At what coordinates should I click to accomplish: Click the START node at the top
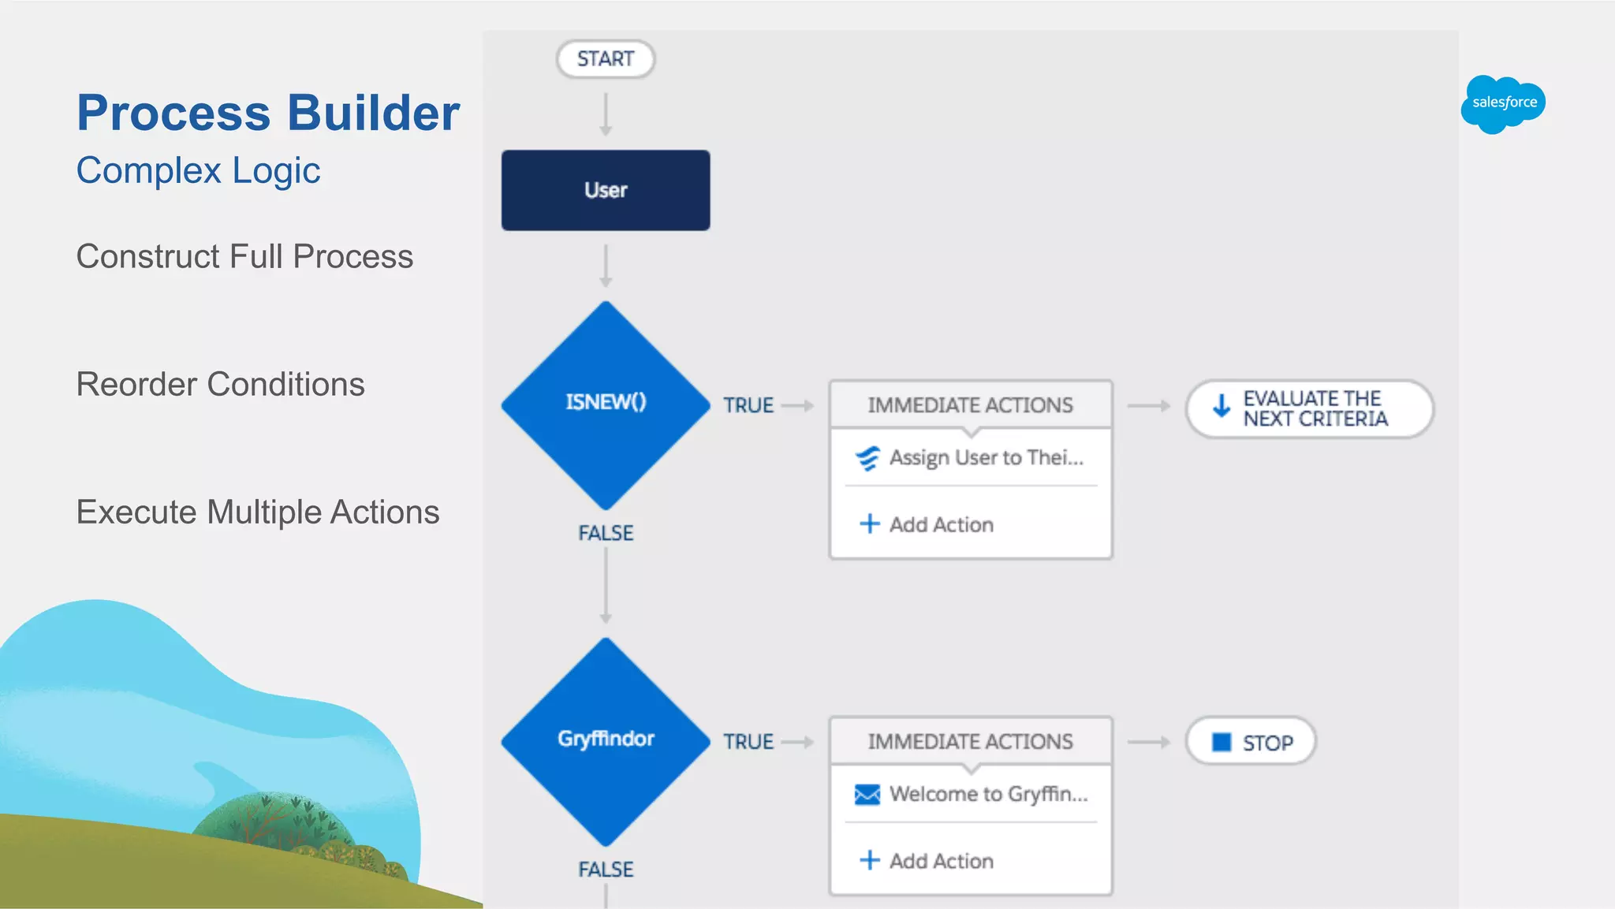point(605,59)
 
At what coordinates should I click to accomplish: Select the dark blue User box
point(605,190)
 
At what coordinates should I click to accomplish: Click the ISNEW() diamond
point(605,404)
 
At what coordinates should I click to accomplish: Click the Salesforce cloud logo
point(1503,103)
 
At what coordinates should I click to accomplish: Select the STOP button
point(1251,742)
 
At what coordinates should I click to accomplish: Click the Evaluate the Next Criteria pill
point(1309,408)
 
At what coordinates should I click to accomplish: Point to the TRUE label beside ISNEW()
point(748,405)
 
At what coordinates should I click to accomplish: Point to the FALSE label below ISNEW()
point(605,533)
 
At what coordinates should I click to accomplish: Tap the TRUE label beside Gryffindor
point(748,742)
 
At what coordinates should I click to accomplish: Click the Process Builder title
point(268,113)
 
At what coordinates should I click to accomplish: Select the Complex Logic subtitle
point(198,170)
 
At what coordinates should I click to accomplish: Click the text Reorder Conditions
point(220,384)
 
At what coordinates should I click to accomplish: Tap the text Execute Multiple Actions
point(257,512)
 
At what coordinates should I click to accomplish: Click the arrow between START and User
point(605,114)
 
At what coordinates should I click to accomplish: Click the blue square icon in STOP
point(1221,742)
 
